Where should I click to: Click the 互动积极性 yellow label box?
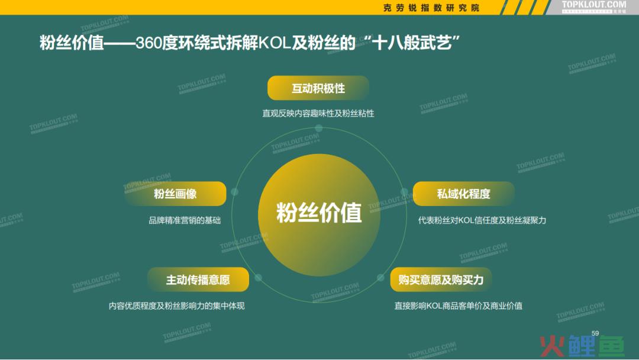(318, 88)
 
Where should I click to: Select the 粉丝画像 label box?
(175, 194)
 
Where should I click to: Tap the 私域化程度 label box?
(463, 194)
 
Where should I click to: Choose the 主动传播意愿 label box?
(198, 279)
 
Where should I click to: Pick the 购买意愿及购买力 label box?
(441, 279)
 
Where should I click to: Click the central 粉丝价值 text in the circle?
(319, 213)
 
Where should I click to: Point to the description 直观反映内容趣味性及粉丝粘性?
(318, 113)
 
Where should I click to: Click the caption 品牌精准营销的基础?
(185, 220)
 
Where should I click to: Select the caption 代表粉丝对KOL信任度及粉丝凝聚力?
(482, 220)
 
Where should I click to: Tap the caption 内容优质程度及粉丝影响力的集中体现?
(176, 306)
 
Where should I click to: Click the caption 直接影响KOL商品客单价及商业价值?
(459, 306)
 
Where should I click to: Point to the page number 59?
(595, 333)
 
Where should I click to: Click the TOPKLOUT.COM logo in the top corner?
(594, 6)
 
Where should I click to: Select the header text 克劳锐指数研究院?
(431, 8)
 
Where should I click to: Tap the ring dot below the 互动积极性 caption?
(319, 128)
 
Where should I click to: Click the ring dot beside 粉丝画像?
(234, 192)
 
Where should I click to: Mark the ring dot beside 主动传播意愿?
(258, 278)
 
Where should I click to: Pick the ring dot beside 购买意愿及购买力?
(380, 278)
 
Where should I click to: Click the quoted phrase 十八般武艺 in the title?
(412, 43)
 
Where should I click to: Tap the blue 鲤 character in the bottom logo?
(580, 346)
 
